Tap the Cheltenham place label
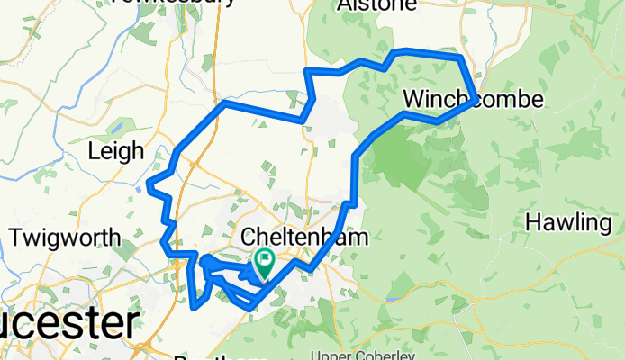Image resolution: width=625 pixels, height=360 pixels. tap(294, 238)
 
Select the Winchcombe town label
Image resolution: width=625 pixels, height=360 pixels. tap(474, 98)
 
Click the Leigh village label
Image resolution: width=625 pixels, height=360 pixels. tap(116, 150)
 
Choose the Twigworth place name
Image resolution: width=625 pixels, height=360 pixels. tap(64, 238)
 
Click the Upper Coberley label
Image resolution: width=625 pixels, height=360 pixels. tap(352, 355)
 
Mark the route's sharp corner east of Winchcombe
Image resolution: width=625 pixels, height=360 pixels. tap(475, 98)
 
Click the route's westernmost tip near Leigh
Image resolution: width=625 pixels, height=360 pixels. tap(149, 188)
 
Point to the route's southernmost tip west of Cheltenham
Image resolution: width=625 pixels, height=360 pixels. tap(195, 308)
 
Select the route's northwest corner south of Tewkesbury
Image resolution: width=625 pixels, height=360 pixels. tap(224, 103)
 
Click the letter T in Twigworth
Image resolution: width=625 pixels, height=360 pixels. tap(14, 238)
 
